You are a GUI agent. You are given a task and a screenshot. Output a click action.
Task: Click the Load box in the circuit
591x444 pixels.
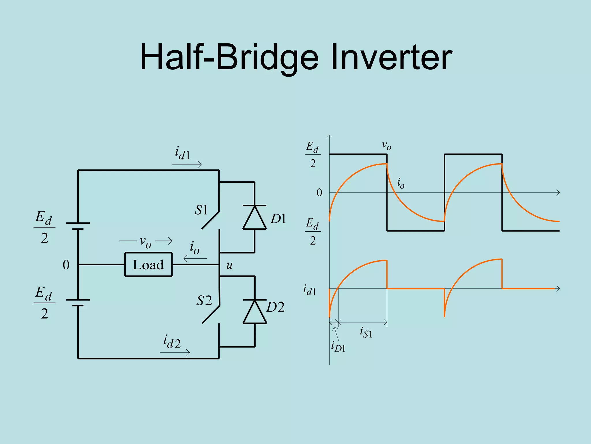[148, 264]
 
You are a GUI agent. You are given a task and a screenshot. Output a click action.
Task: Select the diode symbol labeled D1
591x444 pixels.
[254, 217]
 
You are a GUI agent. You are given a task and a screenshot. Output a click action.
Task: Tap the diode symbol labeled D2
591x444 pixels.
[255, 312]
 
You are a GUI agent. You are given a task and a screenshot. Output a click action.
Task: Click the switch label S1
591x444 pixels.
[201, 210]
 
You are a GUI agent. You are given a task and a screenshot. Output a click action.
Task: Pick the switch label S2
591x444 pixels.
[204, 301]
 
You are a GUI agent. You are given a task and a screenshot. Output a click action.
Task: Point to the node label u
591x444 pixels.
[229, 265]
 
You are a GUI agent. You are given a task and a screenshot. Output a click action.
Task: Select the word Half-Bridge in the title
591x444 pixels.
[229, 58]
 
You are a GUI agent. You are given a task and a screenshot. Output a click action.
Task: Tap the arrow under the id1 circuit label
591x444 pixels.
[187, 164]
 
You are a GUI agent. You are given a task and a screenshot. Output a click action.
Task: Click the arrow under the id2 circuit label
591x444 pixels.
[175, 352]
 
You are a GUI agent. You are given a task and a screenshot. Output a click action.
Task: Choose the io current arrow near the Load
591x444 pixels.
[195, 258]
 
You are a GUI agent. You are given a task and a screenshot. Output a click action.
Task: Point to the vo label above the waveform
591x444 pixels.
[386, 145]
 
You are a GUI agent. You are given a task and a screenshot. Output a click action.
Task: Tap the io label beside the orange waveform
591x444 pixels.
[401, 183]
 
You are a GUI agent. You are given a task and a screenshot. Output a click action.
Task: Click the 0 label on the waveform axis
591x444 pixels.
[319, 193]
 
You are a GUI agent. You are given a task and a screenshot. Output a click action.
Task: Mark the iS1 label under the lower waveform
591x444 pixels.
[366, 332]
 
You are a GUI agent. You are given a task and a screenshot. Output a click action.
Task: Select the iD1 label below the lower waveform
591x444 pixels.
[338, 347]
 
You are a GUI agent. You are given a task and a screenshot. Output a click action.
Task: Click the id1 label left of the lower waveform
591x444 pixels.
[310, 290]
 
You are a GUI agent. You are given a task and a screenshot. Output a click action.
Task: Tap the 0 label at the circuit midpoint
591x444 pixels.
[66, 265]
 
